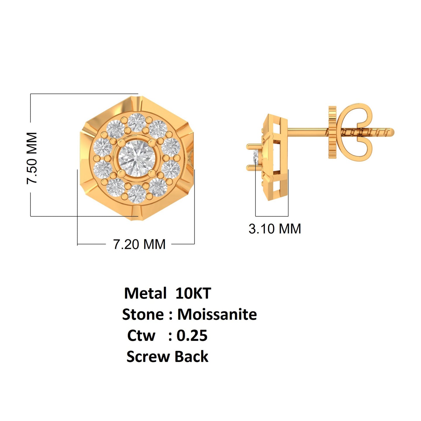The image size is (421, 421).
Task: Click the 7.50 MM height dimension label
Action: click(x=32, y=158)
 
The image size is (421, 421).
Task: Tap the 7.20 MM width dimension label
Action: click(x=139, y=244)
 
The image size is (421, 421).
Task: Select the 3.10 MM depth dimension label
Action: click(x=275, y=229)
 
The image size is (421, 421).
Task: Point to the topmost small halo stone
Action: click(x=137, y=122)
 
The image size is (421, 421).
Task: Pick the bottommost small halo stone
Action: click(x=137, y=194)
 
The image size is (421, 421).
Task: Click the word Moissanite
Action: click(x=217, y=315)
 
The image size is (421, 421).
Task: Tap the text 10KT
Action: click(x=193, y=293)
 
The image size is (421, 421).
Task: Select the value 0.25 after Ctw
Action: click(x=192, y=336)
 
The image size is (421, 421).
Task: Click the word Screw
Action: click(x=148, y=357)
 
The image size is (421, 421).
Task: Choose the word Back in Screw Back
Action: click(x=191, y=357)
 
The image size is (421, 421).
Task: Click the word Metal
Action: click(x=145, y=293)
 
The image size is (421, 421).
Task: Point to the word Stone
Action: click(x=143, y=315)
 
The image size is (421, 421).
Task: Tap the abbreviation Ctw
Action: click(x=141, y=336)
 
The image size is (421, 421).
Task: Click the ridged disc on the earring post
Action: click(x=332, y=132)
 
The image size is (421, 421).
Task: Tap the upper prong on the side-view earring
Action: click(x=253, y=146)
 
